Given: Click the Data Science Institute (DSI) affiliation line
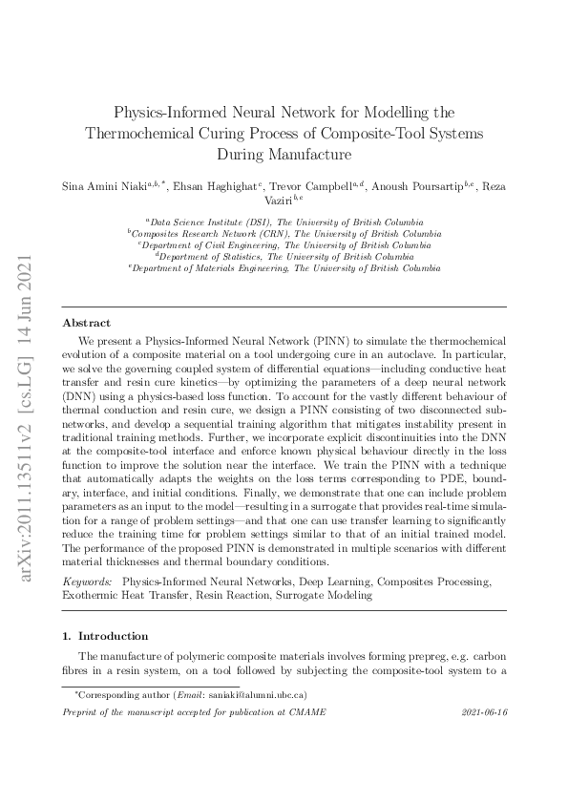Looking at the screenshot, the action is point(284,221).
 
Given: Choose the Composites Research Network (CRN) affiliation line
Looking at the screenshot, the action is point(284,233).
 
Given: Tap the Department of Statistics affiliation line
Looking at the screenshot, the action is point(284,257).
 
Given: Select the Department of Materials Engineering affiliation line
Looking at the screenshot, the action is point(284,268).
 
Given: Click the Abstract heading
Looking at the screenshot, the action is point(86,323).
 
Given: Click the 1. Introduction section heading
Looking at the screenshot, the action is point(105,636).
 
